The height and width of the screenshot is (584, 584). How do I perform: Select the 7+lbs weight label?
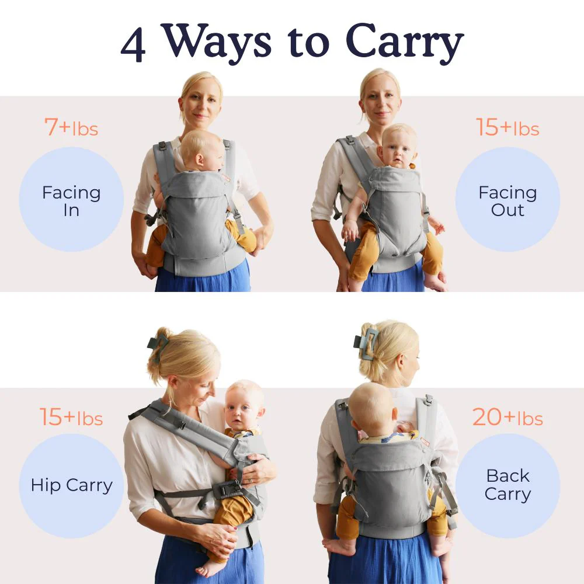coord(71,127)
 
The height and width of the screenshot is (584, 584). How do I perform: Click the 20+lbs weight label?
coord(507,417)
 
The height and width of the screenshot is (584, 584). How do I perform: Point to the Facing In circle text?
coord(71,201)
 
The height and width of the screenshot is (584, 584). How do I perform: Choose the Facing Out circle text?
coord(507,201)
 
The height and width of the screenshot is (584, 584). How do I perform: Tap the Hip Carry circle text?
coord(71,486)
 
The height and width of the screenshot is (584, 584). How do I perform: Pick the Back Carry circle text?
coord(507,485)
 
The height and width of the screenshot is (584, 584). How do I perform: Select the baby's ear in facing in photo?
coord(200,160)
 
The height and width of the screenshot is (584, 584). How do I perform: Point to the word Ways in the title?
coord(218,43)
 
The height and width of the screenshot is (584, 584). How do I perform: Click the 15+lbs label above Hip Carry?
coord(71,417)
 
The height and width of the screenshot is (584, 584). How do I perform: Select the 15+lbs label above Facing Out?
coord(507,127)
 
